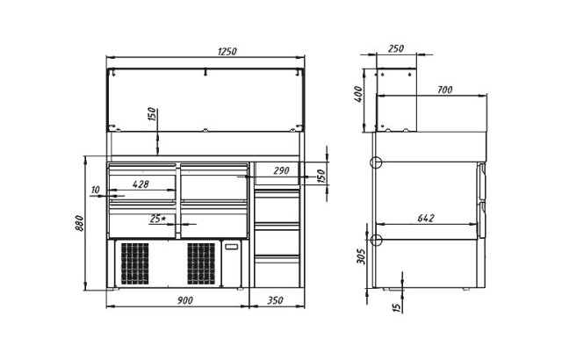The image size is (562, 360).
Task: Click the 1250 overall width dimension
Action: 227,51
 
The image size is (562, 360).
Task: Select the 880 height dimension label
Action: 80,223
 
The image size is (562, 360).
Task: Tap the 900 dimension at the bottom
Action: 185,300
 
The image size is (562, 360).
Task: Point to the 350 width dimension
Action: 275,300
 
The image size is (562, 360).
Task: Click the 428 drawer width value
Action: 140,184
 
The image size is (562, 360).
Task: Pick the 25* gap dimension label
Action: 157,219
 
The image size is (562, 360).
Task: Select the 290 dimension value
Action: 281,170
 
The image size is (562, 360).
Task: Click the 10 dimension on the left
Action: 96,190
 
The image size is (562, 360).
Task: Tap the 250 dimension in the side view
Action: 396,48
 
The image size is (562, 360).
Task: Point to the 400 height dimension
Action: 359,94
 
